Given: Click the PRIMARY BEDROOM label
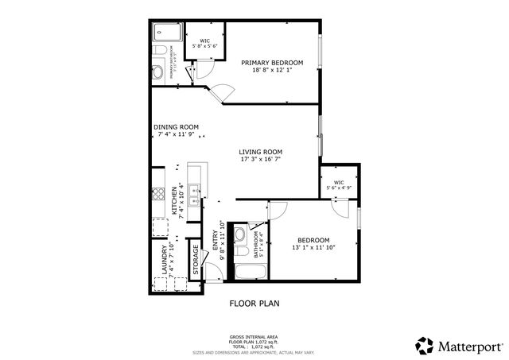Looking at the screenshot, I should (273, 62).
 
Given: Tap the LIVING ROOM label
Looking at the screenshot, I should (261, 152).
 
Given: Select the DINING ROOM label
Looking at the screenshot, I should (177, 126).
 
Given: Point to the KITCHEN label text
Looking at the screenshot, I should (174, 199).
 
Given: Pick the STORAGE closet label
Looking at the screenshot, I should (196, 260).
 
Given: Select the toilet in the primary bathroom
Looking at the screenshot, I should (159, 52).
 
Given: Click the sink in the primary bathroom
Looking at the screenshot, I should (157, 72).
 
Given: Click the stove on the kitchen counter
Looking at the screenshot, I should (157, 193).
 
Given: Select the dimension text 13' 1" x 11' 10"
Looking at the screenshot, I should (313, 248).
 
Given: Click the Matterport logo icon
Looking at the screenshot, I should (424, 344).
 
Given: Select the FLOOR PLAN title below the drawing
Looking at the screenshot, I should (254, 303).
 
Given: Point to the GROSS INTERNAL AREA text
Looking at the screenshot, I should (254, 337).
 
